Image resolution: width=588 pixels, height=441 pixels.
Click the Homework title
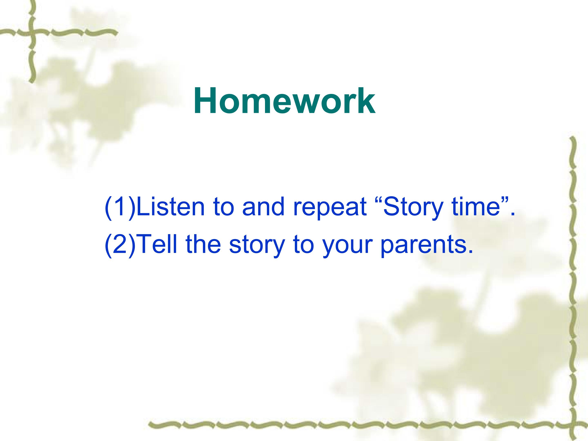coord(284,101)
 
